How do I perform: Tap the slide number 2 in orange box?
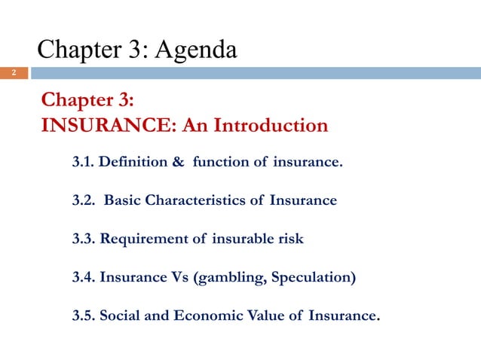click(13, 73)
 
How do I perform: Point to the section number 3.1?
click(82, 162)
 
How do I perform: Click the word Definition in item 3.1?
click(134, 162)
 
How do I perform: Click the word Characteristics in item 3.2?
click(196, 201)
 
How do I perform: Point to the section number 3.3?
click(82, 239)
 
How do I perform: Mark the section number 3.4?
click(82, 278)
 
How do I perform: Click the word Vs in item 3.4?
click(179, 278)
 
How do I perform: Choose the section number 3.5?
click(82, 316)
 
